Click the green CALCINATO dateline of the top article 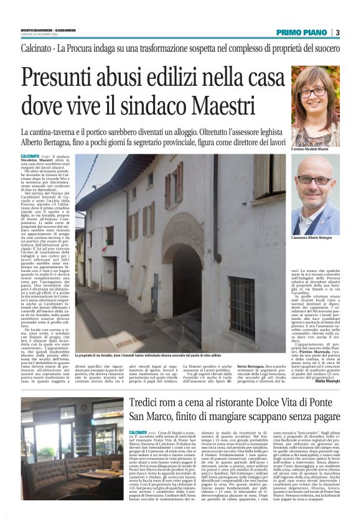pos(30,155)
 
